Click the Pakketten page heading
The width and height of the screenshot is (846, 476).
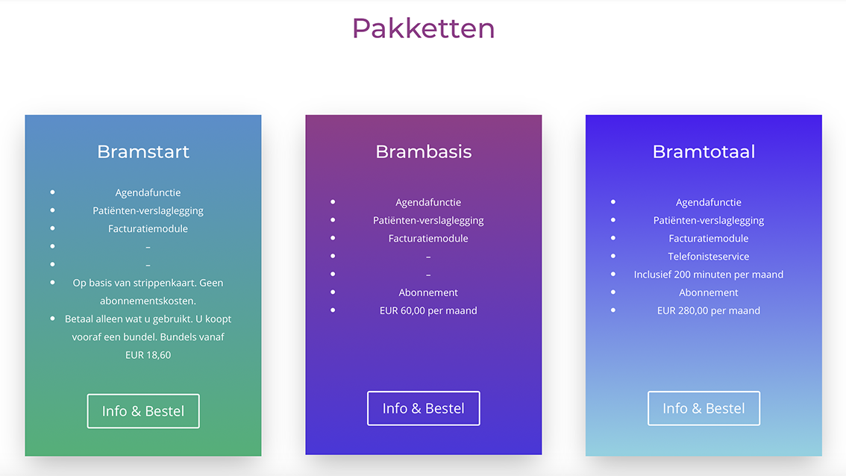tap(424, 28)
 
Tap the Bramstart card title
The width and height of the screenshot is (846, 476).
tap(143, 151)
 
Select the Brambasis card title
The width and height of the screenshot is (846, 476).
tap(424, 151)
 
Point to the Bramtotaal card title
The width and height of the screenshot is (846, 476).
tap(704, 151)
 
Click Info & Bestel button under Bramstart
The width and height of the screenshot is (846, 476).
tap(143, 411)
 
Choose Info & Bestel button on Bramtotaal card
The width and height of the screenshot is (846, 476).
tap(704, 409)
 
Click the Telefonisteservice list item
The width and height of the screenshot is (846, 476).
tap(709, 257)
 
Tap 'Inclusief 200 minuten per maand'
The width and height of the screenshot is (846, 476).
tap(709, 274)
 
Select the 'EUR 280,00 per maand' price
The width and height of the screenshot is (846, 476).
tap(709, 310)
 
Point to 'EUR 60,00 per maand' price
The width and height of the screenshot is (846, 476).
tap(428, 310)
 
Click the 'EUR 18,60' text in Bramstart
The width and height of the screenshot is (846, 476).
tap(148, 355)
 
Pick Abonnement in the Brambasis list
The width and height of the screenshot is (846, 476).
tap(428, 292)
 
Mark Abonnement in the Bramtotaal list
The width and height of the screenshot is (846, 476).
tap(709, 292)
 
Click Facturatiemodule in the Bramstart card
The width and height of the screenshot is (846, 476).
tap(148, 229)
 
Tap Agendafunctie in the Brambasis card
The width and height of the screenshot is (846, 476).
tap(428, 202)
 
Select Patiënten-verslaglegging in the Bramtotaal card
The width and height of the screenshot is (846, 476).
tap(709, 220)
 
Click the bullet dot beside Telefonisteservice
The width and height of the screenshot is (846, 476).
tap(613, 256)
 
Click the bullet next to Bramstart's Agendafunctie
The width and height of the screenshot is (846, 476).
tap(52, 192)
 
